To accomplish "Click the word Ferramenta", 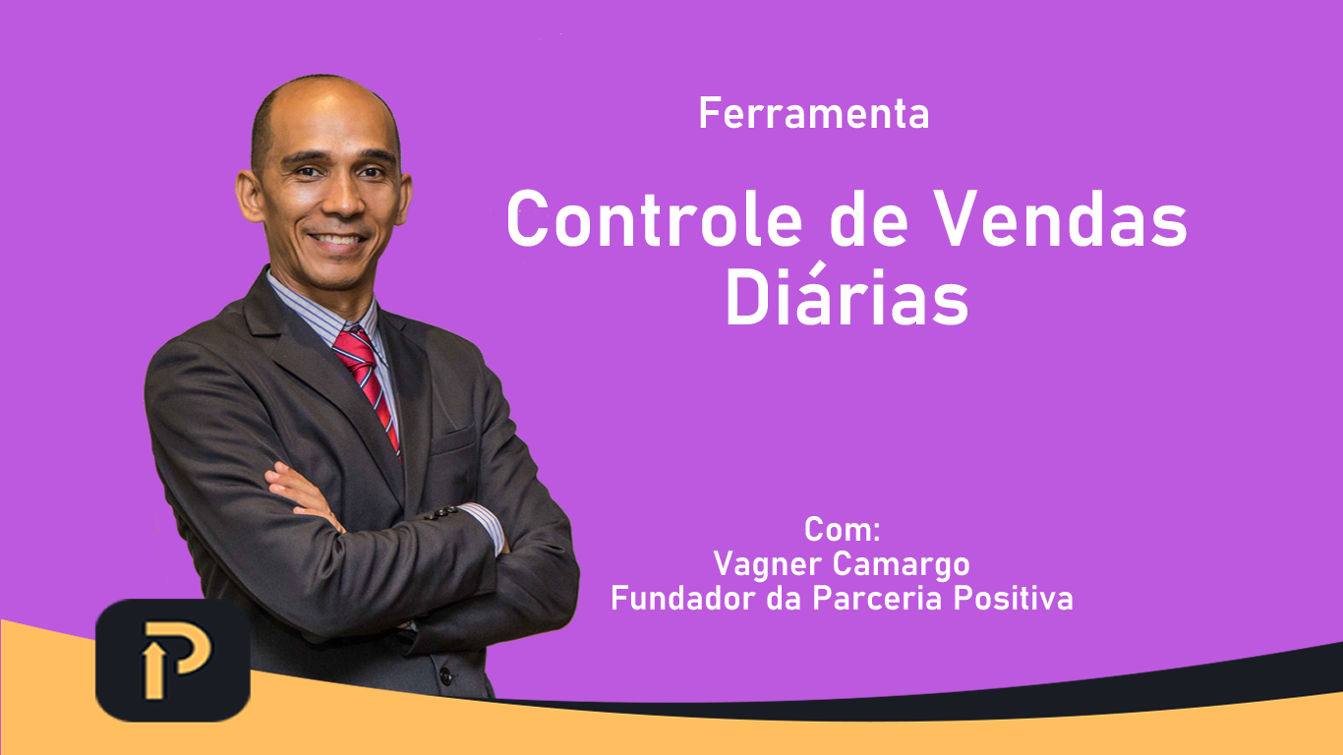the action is click(814, 113).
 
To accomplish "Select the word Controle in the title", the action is click(654, 218).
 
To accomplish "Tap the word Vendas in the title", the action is click(1060, 218).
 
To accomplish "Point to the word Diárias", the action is click(847, 295).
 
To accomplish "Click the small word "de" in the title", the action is click(869, 218).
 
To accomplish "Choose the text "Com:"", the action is click(843, 529).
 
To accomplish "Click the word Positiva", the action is click(1014, 598).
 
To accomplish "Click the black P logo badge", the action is click(173, 660).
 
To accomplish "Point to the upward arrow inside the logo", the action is click(153, 671).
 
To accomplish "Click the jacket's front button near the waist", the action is click(445, 675).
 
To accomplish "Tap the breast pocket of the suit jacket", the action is click(454, 440).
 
